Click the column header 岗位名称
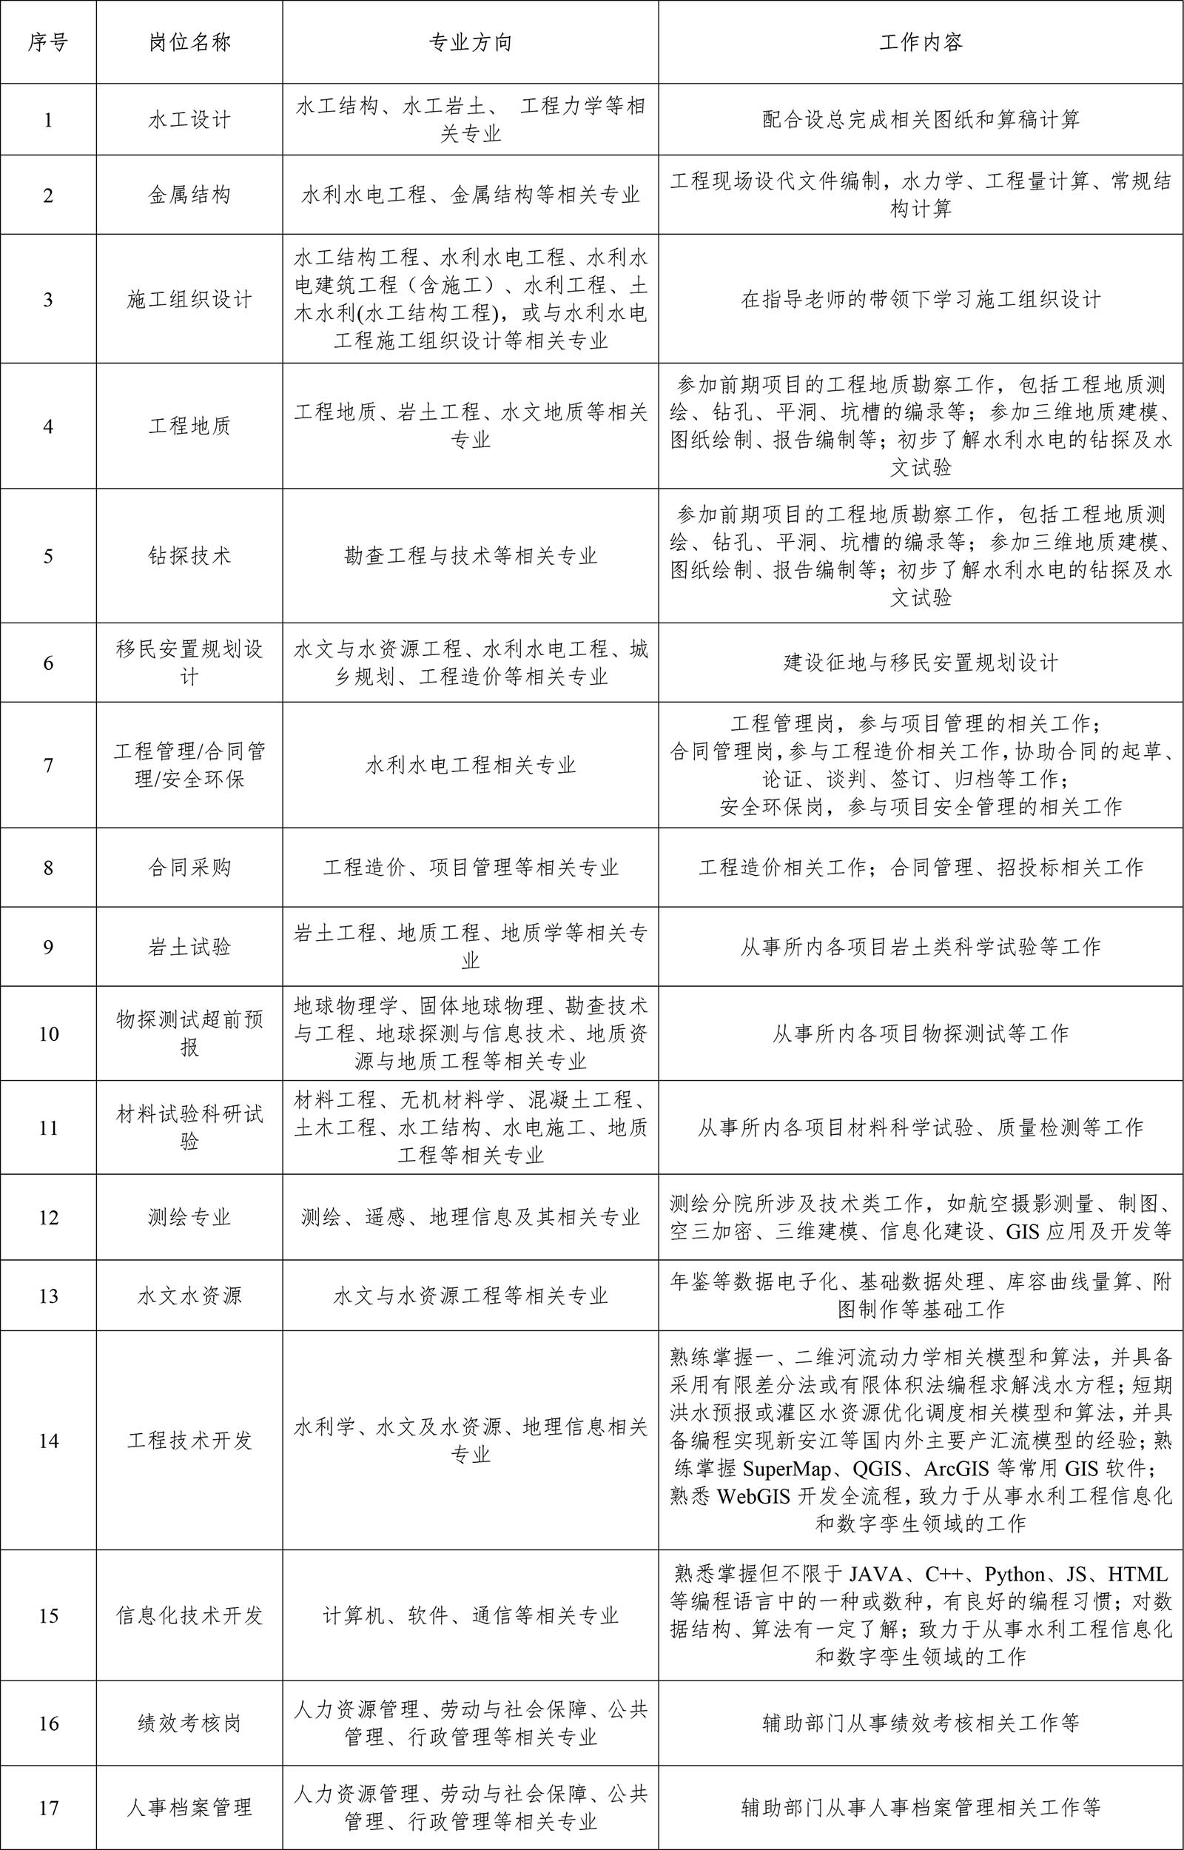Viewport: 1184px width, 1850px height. point(189,42)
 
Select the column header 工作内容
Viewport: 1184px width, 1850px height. point(921,42)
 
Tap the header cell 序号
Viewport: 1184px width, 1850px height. point(47,42)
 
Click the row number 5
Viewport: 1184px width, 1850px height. point(47,556)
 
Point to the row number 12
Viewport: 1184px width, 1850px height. point(47,1217)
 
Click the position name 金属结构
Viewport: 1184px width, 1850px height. point(189,195)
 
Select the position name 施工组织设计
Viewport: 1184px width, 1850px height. point(189,299)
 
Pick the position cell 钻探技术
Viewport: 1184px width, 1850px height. point(189,556)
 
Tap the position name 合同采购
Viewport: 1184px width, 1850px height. point(189,868)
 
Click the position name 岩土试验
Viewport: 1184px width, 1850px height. point(189,947)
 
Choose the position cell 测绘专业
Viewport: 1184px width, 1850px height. point(189,1217)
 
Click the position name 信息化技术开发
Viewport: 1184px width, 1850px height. point(189,1615)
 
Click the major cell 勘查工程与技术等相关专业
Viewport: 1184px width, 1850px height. point(471,556)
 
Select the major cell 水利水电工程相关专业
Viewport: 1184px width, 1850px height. point(471,765)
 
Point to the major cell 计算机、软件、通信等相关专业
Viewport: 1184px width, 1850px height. point(471,1615)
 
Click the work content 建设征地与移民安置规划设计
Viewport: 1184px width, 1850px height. point(921,663)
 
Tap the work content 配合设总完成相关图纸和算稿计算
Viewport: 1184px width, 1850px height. point(921,119)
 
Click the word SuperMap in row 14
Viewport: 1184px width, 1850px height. point(787,1469)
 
